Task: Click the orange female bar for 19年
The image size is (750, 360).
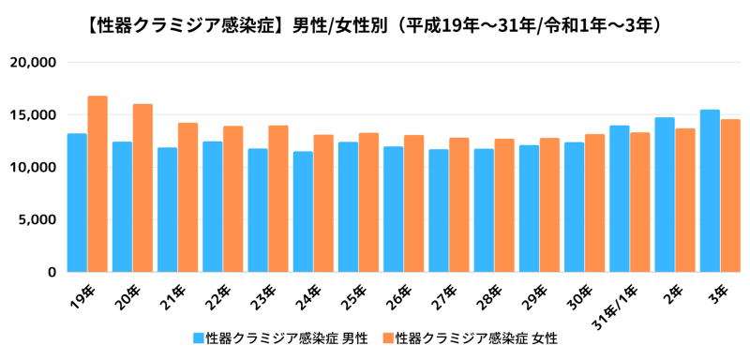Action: coord(97,184)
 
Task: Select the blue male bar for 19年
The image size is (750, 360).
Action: coord(77,202)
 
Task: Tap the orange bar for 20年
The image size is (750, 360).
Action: coord(142,187)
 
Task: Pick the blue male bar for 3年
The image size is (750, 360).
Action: coord(710,191)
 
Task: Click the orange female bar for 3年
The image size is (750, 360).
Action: coord(730,196)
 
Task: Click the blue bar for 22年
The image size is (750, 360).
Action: coord(213,207)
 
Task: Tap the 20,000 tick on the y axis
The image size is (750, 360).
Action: coord(33,63)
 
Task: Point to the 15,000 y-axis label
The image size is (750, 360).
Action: coord(33,115)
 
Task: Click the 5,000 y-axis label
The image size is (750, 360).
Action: coord(37,220)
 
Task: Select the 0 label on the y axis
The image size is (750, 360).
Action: coord(52,273)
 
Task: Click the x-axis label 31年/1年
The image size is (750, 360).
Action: coord(613,302)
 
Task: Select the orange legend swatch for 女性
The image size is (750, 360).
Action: coord(385,337)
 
